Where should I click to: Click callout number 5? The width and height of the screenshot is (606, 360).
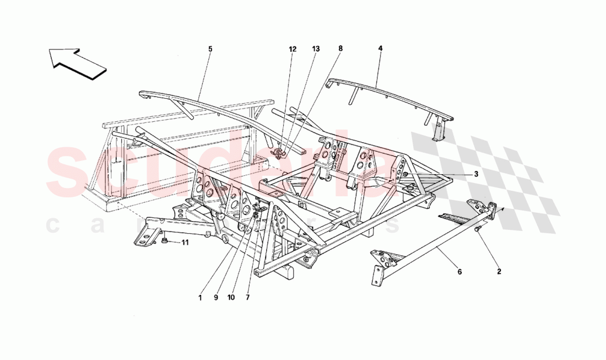[x=210, y=49]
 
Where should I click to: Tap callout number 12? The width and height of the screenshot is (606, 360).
[x=293, y=49]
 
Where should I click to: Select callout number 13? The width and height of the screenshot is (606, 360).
[x=316, y=49]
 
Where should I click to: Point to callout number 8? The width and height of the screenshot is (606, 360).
[x=340, y=49]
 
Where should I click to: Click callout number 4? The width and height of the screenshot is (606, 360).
[x=380, y=49]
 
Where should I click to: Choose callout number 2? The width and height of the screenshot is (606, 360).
[x=499, y=271]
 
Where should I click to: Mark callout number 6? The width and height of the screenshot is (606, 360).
[x=458, y=271]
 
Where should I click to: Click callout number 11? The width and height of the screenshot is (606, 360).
[x=185, y=242]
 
